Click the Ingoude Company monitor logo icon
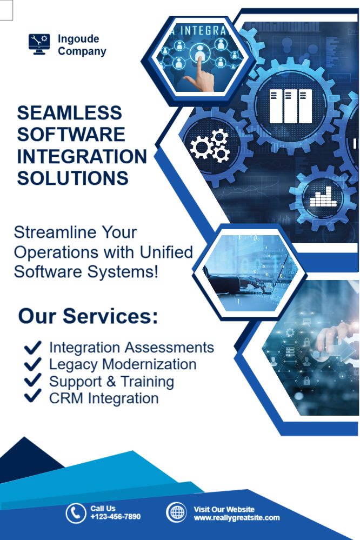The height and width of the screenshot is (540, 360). point(39,44)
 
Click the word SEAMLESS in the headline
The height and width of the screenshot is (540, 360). point(70,112)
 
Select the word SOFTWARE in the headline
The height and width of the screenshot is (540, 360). point(71,134)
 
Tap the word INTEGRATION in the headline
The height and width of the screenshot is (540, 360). point(82,156)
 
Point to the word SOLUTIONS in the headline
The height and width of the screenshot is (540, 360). point(72,178)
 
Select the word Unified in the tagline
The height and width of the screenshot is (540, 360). point(166,252)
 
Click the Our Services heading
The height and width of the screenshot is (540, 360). point(88,316)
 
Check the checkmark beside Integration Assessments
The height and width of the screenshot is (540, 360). point(33,348)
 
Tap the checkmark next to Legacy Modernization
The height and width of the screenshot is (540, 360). point(33,364)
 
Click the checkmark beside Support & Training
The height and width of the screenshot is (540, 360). point(33,381)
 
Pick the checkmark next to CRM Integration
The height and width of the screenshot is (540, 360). point(33,396)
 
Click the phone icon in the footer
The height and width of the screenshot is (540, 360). point(76,513)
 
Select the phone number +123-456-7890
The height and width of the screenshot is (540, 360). point(116,516)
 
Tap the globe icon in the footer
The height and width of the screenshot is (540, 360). point(176,512)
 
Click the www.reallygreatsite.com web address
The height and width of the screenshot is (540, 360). point(237,518)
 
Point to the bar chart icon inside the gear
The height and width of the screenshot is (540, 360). point(323,197)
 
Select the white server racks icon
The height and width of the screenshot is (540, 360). point(290,106)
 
